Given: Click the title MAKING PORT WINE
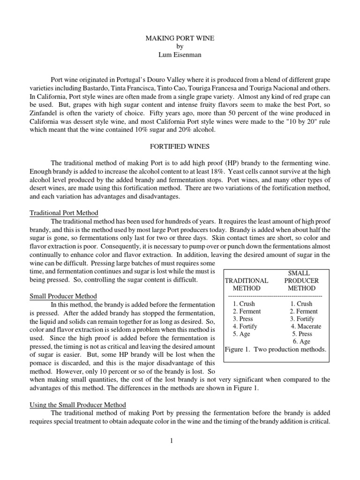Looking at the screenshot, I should click(x=180, y=38).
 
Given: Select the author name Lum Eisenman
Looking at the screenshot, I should click(x=180, y=55).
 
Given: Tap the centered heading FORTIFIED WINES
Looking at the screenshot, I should click(x=180, y=146).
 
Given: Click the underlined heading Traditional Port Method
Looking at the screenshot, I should click(x=64, y=213).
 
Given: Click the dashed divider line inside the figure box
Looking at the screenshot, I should click(x=275, y=296).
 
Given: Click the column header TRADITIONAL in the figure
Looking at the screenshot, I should click(x=247, y=281).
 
